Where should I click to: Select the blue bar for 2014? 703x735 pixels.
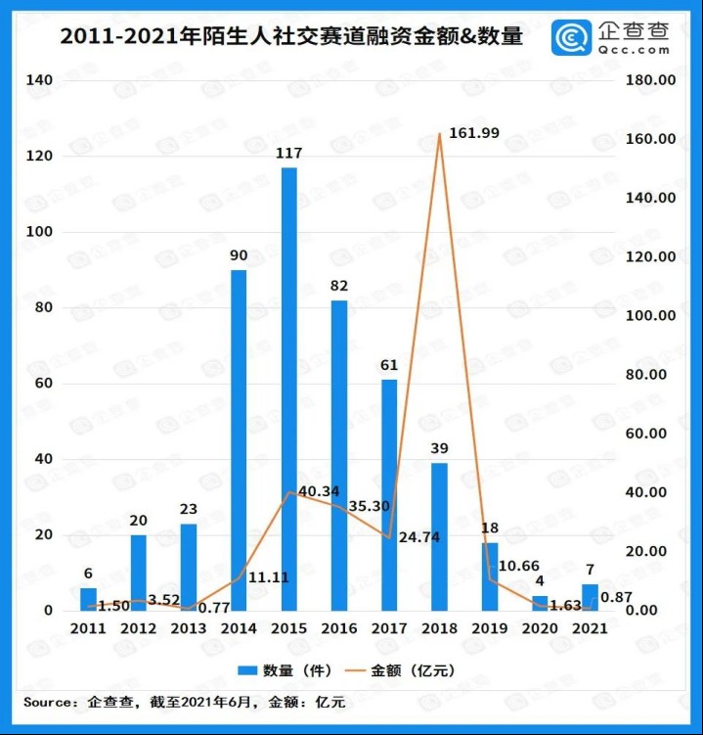click(x=239, y=439)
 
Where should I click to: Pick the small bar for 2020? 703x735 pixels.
click(x=540, y=603)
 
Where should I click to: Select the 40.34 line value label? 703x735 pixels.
click(x=319, y=491)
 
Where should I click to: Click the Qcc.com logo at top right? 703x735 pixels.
click(x=612, y=37)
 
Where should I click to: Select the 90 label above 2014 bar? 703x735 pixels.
click(x=239, y=255)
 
